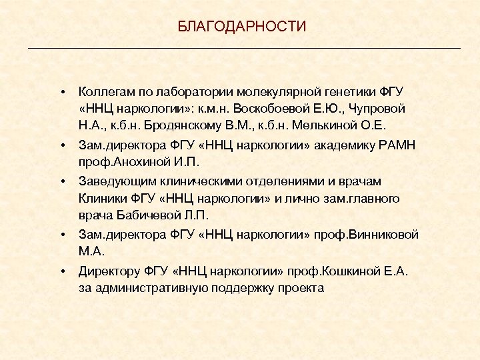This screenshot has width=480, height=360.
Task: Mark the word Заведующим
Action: [113, 181]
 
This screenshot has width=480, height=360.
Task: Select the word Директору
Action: [109, 271]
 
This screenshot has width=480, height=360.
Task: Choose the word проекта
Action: [304, 289]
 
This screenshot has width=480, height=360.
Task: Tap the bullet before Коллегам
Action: [61, 91]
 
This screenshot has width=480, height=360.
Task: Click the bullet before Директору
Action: [61, 271]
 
